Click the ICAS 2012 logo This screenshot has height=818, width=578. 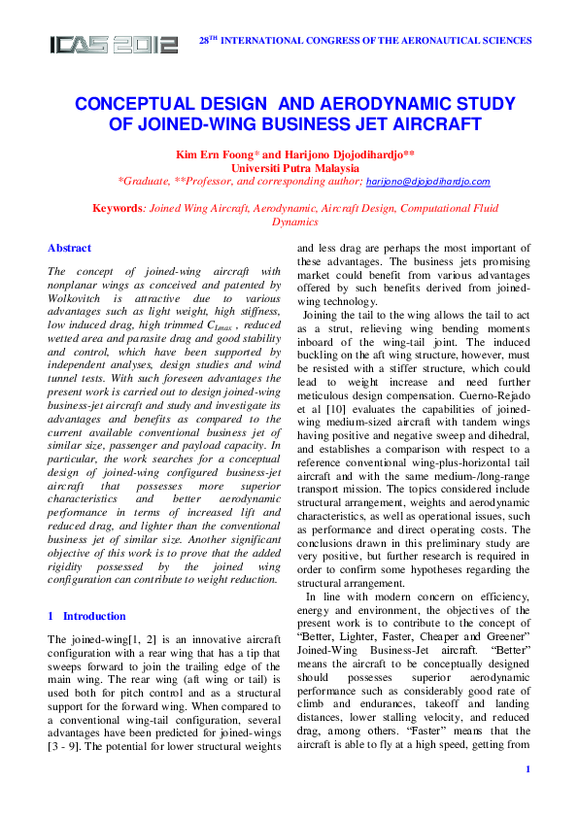pyautogui.click(x=115, y=44)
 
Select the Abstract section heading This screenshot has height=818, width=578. pyautogui.click(x=69, y=248)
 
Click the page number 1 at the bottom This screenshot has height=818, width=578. pyautogui.click(x=527, y=798)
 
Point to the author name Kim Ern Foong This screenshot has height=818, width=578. pyautogui.click(x=214, y=154)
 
